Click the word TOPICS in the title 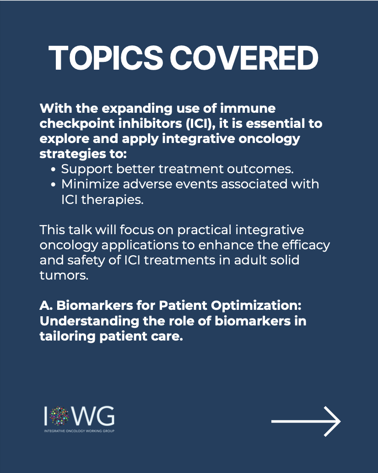(105, 58)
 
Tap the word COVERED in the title (244, 58)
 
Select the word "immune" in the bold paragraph (248, 108)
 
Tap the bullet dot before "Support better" (53, 170)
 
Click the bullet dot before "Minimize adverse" (53, 185)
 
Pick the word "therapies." (112, 200)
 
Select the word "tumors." (64, 275)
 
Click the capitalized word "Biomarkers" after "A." (95, 306)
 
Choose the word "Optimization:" (256, 306)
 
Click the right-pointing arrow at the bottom (306, 421)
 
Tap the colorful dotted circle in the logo (59, 416)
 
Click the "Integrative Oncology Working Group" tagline (79, 431)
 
